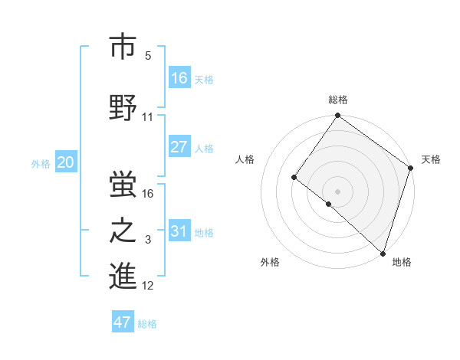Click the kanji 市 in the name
tap(122, 47)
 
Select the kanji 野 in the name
tap(122, 107)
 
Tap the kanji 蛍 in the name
tap(122, 185)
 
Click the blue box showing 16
tap(179, 77)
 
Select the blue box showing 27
tap(179, 147)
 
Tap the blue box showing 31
tap(179, 231)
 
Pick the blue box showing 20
tap(65, 162)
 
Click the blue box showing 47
tap(122, 322)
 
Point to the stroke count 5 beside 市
tap(147, 56)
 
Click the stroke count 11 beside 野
tap(147, 117)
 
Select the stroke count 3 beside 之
tap(147, 241)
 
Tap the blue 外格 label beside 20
tap(40, 163)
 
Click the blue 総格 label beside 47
tap(147, 324)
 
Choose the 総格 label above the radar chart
tap(337, 100)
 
